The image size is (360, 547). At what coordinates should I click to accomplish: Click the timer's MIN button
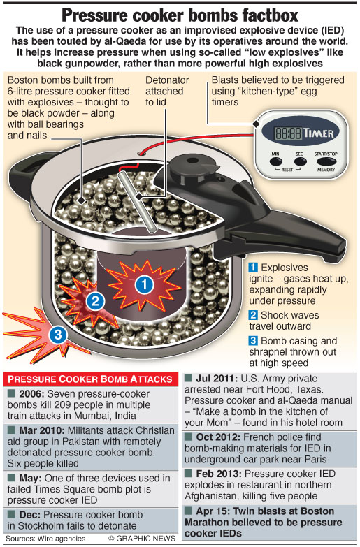click(x=276, y=161)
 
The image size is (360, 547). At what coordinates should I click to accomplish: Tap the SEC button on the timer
click(x=300, y=161)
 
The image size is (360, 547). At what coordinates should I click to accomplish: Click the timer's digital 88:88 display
click(x=288, y=133)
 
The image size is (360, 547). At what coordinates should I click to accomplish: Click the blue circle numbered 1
click(x=145, y=284)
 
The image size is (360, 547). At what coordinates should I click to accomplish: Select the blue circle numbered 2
click(x=95, y=300)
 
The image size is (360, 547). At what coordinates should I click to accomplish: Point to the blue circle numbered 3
click(x=58, y=335)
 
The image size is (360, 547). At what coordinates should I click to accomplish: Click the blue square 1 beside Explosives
click(x=253, y=268)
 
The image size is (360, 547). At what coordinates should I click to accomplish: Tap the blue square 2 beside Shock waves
click(x=253, y=315)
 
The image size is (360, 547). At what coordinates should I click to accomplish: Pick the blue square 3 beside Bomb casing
click(x=253, y=340)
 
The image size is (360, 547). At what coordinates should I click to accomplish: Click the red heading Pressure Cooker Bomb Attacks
click(x=90, y=379)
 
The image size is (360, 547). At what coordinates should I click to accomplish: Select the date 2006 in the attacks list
click(x=31, y=394)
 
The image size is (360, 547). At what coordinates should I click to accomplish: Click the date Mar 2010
click(x=42, y=430)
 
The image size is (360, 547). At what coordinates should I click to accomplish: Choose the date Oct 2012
click(x=218, y=437)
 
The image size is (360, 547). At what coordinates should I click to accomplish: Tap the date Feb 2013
click(x=219, y=474)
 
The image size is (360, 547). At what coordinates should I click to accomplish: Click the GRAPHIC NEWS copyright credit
click(x=142, y=539)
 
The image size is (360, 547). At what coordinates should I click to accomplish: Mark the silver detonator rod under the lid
click(x=137, y=202)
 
